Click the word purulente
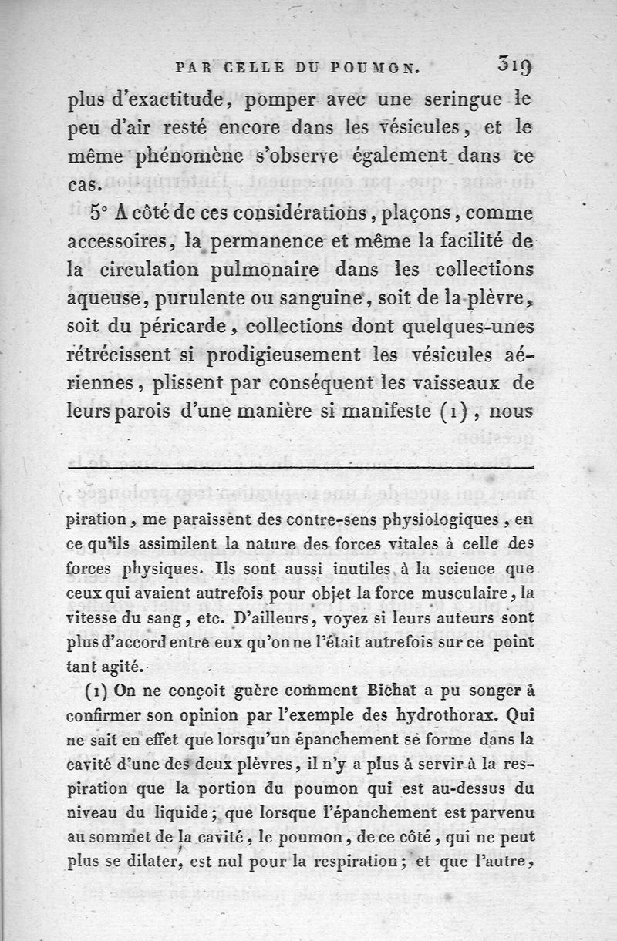[215, 299]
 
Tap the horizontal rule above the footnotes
[301, 468]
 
